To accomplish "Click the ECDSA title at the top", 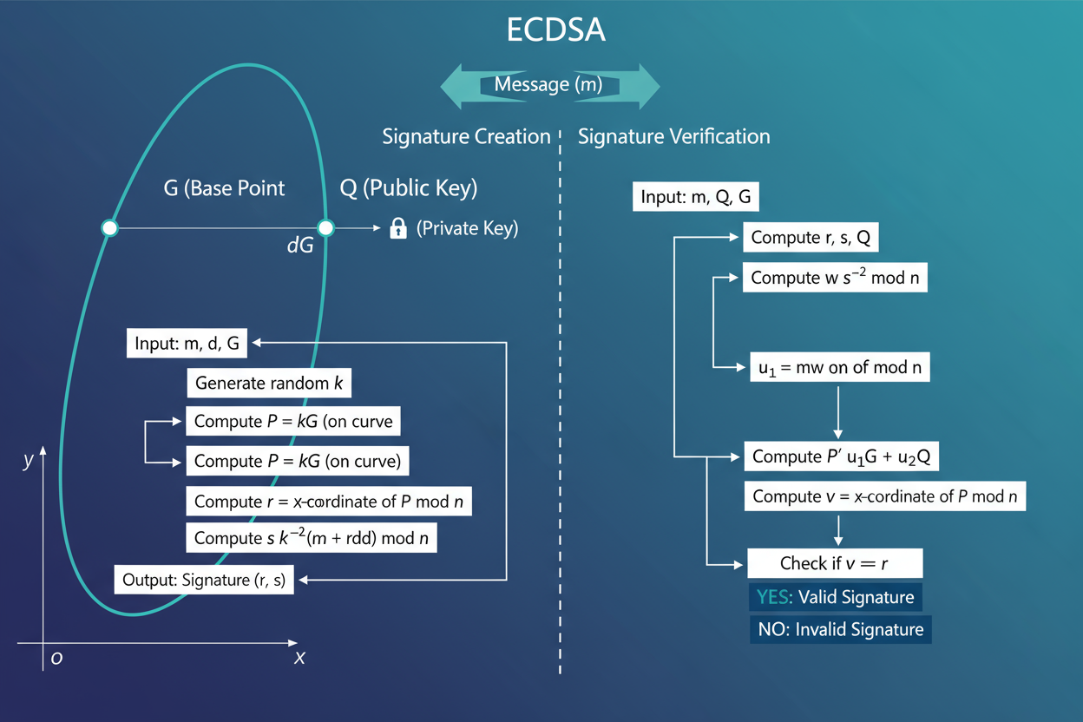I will click(x=555, y=30).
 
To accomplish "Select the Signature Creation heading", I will click(x=466, y=136).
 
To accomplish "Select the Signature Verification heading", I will click(x=673, y=136).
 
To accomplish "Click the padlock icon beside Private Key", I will click(x=398, y=228).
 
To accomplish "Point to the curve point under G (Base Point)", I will click(x=109, y=228).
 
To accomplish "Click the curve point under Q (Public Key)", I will click(x=325, y=228).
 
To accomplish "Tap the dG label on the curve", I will click(x=299, y=246).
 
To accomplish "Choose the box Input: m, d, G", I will click(x=187, y=344).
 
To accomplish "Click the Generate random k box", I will click(x=269, y=383).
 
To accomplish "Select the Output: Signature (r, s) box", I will click(x=204, y=580).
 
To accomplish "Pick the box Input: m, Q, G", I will click(x=696, y=197).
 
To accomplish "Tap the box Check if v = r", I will click(x=834, y=563).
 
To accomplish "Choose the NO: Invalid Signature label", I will click(x=840, y=629).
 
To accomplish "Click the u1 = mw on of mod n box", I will click(x=839, y=367).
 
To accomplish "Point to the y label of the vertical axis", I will click(x=28, y=461).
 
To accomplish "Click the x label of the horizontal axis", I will click(x=299, y=657).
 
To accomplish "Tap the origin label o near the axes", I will click(x=56, y=657).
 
